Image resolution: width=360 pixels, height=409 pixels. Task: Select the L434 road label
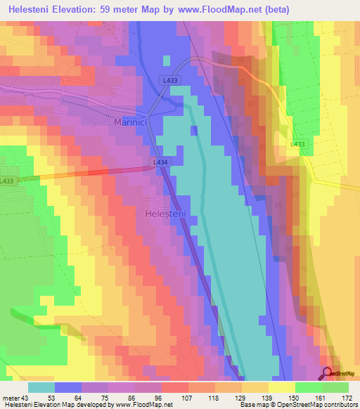click(x=160, y=162)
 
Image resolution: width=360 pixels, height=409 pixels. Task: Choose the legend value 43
click(x=26, y=398)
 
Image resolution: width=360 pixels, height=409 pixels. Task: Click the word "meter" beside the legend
click(x=11, y=398)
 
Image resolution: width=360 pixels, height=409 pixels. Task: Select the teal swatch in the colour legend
click(x=41, y=387)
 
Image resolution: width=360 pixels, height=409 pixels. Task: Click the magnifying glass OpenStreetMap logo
click(x=328, y=374)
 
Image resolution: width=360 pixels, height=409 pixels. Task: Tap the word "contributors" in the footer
click(x=340, y=405)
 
